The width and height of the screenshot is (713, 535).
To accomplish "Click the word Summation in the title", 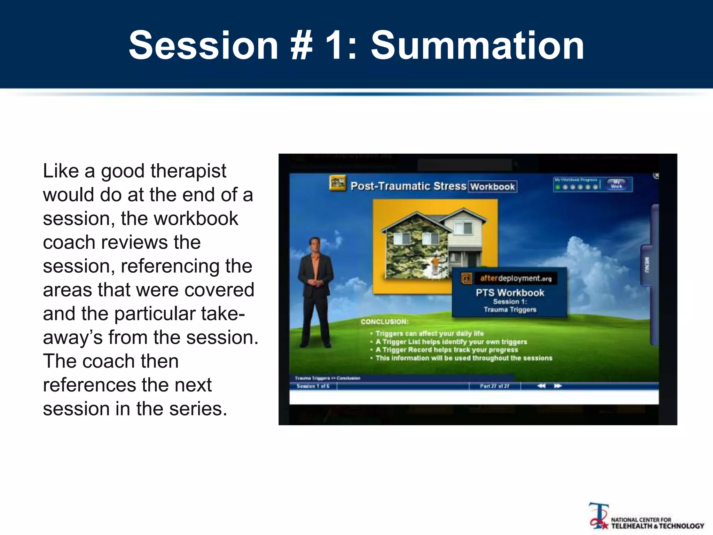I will (x=477, y=45).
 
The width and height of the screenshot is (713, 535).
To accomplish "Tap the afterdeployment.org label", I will (x=515, y=278).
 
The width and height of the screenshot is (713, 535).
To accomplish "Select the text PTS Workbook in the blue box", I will (x=510, y=293).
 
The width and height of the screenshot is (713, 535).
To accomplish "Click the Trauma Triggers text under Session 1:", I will (x=510, y=310).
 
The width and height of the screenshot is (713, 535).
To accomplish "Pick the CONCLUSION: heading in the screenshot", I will (x=384, y=322).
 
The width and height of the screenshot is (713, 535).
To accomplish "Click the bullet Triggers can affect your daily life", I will (x=429, y=333).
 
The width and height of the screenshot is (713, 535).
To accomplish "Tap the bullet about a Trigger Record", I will (x=446, y=350).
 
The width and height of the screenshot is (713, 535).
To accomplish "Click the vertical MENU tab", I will (x=647, y=265).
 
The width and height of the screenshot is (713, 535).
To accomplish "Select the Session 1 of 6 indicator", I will (x=313, y=386).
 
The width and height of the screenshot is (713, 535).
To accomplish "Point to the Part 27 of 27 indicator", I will (x=494, y=386).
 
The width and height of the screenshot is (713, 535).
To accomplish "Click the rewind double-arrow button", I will (x=541, y=386).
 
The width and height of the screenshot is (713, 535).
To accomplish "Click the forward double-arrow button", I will (x=558, y=386).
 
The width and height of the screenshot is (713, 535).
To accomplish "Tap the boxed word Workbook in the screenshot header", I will (x=492, y=187).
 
